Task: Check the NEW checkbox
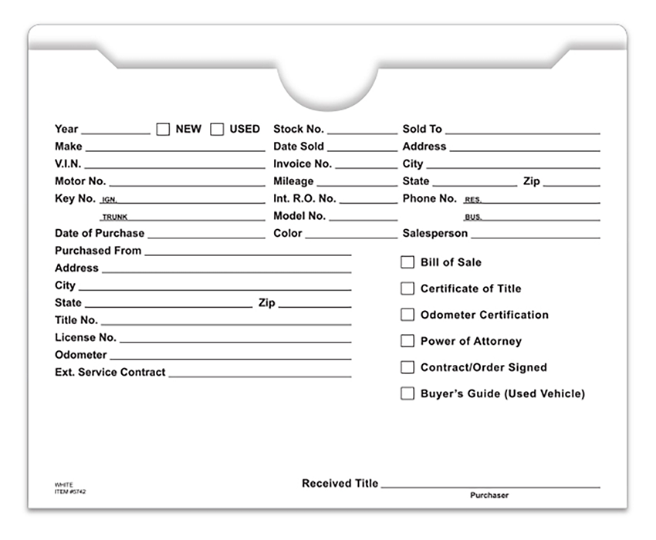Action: click(x=163, y=130)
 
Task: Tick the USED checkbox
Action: click(x=217, y=130)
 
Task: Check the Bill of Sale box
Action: click(x=407, y=262)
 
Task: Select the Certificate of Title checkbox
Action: click(x=407, y=289)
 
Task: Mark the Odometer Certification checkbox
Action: click(x=407, y=315)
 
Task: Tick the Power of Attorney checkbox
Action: click(x=407, y=341)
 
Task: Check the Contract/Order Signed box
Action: click(x=407, y=367)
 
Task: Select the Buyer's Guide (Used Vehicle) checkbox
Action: click(x=407, y=393)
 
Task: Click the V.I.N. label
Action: click(x=68, y=164)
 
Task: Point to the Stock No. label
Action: click(x=299, y=129)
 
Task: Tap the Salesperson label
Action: click(x=435, y=233)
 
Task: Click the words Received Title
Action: click(x=340, y=484)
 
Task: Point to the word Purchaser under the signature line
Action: click(x=489, y=495)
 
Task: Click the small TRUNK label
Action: click(x=115, y=218)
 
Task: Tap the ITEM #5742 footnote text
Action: click(x=70, y=491)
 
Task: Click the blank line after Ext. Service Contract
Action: click(x=259, y=376)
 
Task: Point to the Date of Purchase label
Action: click(x=100, y=233)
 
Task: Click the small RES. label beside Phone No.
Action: click(x=472, y=200)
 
